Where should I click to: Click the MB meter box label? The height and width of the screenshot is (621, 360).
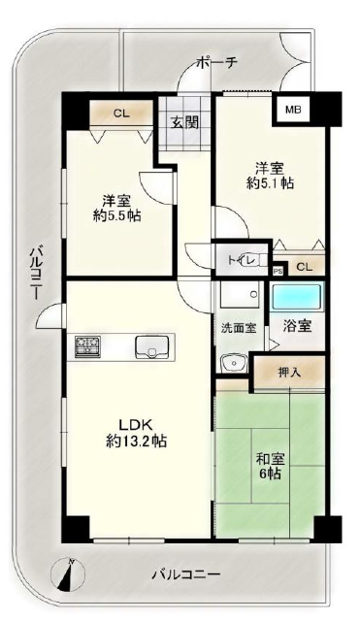294,110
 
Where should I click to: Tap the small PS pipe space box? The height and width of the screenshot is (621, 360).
278,272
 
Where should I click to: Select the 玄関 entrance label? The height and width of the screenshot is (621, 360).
184,123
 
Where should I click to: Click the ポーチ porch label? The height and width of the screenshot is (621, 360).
216,62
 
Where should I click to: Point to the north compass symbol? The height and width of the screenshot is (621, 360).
68,573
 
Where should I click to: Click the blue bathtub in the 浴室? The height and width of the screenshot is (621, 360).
297,297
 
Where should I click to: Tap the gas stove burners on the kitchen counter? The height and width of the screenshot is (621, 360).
88,346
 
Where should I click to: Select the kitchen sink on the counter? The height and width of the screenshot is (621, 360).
152,347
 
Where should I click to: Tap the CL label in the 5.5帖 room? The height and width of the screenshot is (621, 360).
121,114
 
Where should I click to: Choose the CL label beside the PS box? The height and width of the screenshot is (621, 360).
304,267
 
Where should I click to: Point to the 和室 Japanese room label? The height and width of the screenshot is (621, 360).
271,459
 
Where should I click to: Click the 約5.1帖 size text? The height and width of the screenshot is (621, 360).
270,183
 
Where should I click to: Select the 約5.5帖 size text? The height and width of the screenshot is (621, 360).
117,215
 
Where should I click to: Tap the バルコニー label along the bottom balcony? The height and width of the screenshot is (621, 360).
185,573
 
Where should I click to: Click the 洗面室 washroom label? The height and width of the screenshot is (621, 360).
239,328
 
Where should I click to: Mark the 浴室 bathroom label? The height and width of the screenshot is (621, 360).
297,326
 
